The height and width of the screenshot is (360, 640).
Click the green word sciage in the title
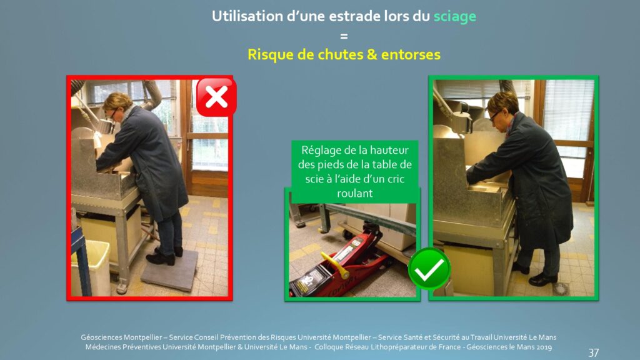pyautogui.click(x=455, y=17)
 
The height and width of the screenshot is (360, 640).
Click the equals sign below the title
pyautogui.click(x=344, y=36)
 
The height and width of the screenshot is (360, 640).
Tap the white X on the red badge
pyautogui.click(x=216, y=97)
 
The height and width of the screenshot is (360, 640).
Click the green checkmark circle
pyautogui.click(x=429, y=269)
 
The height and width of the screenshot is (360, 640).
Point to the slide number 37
pyautogui.click(x=594, y=352)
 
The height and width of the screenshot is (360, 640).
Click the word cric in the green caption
pyautogui.click(x=396, y=179)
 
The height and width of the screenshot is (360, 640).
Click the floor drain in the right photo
pyautogui.click(x=561, y=289)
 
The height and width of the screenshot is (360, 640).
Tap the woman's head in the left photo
pyautogui.click(x=117, y=106)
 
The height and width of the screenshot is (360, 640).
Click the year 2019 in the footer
pyautogui.click(x=543, y=347)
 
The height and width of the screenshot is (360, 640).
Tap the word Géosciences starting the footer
pyautogui.click(x=101, y=337)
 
